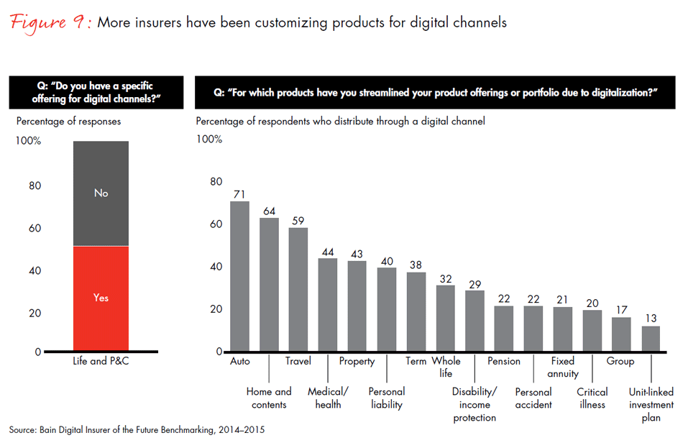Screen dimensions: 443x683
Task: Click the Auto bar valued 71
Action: point(239,277)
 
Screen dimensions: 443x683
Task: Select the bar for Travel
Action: point(298,290)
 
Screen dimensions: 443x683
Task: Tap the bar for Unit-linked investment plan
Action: point(651,339)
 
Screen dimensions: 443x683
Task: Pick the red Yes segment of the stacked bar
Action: point(101,298)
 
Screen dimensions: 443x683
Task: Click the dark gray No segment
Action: point(101,193)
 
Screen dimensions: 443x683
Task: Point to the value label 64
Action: point(269,211)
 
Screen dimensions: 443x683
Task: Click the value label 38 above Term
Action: point(416,265)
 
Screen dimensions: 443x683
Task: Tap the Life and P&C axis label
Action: point(101,361)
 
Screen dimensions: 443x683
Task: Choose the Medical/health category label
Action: point(328,398)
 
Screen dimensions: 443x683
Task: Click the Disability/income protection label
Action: point(475,404)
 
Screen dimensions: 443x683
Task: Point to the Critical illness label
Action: point(592,398)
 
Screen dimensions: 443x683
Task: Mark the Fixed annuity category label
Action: point(563,367)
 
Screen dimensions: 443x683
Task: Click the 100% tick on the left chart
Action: point(28,141)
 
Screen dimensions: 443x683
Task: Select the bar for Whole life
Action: point(446,319)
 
